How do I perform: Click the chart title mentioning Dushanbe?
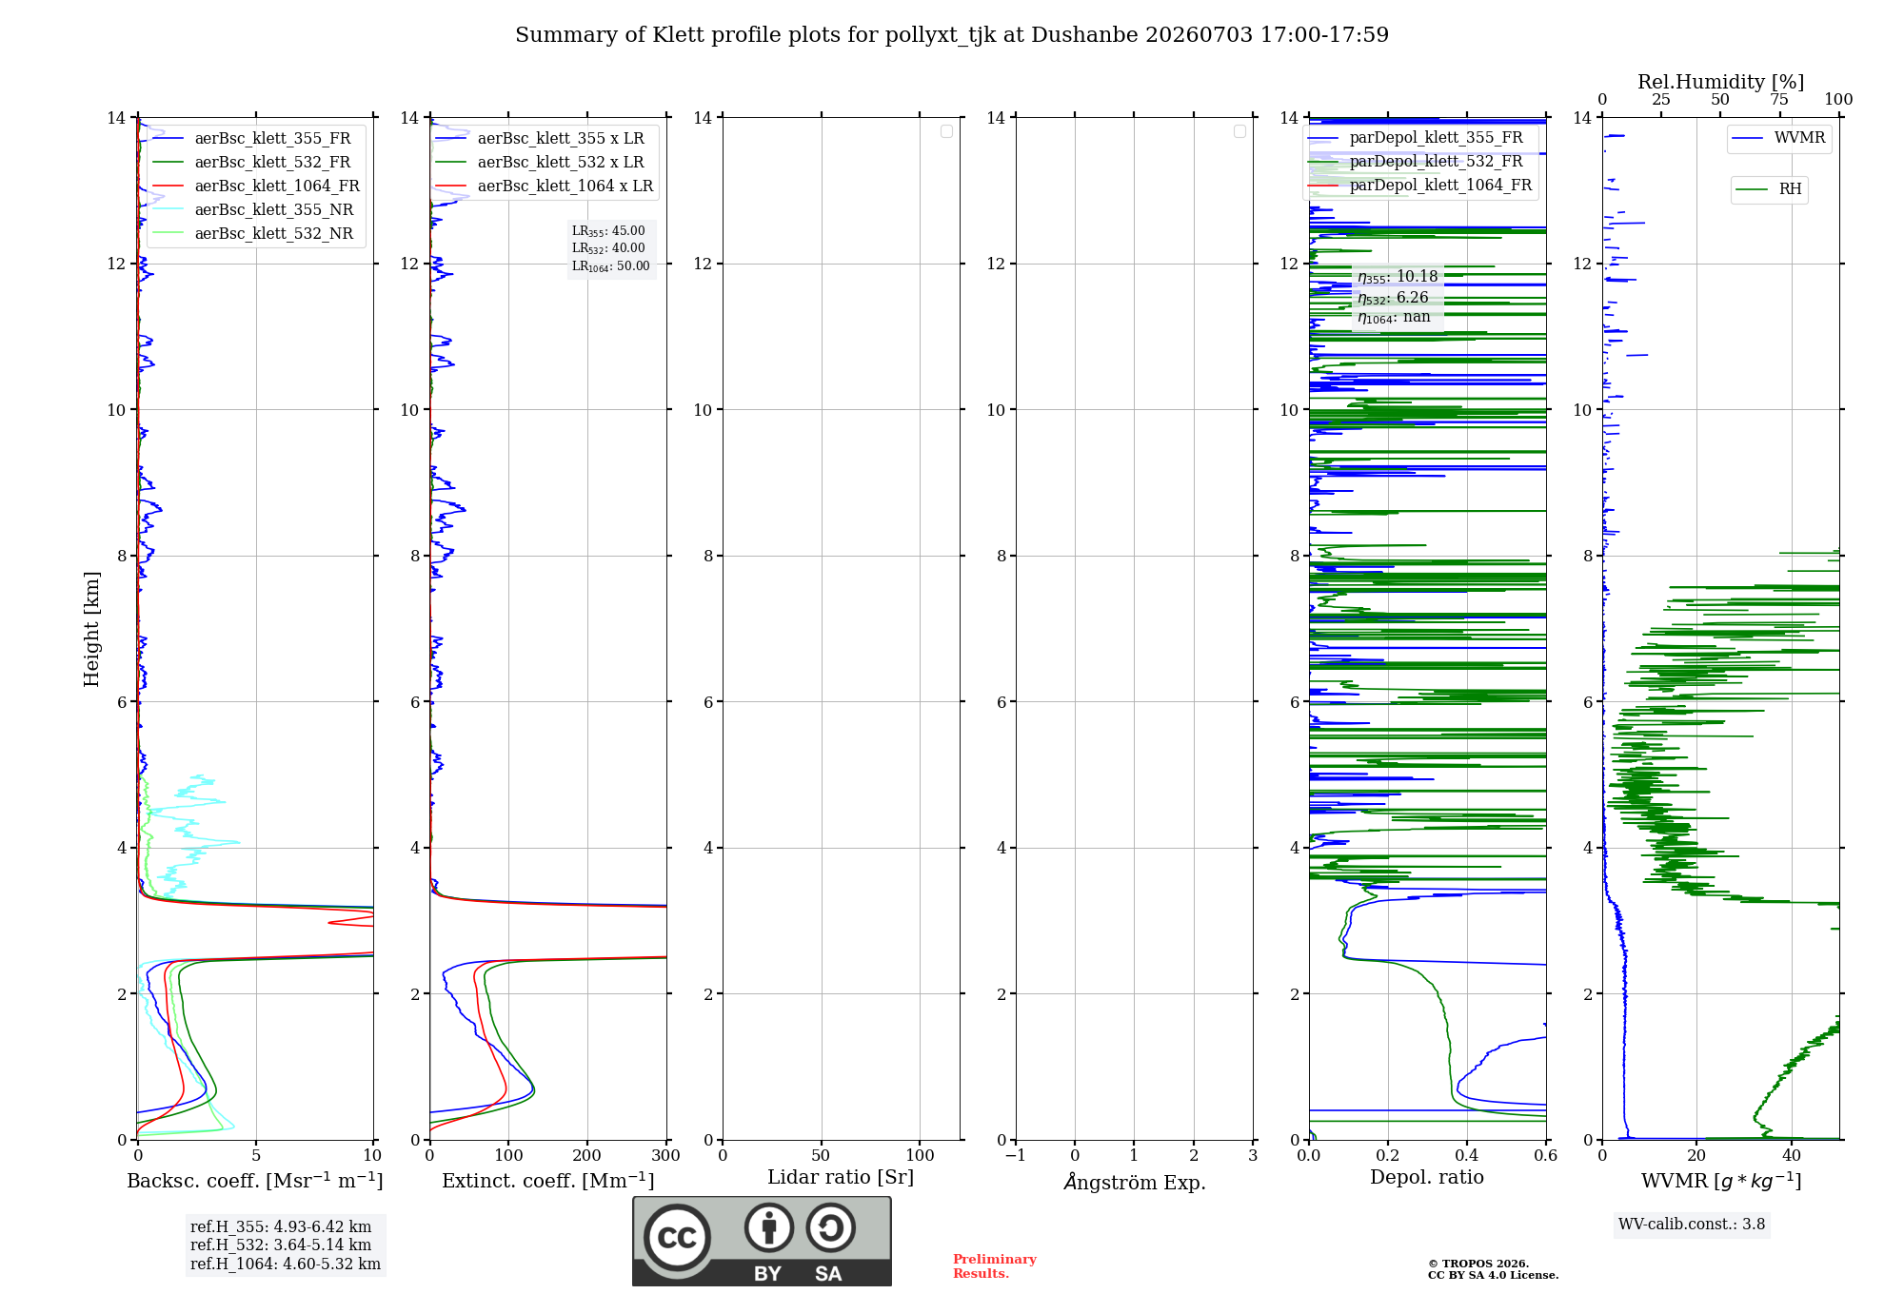tap(952, 35)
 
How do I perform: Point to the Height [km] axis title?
tap(91, 629)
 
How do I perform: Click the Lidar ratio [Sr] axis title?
tap(841, 1177)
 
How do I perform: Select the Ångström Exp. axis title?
tap(1135, 1182)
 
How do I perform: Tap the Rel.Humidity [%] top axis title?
tap(1720, 82)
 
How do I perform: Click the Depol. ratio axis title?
tap(1427, 1177)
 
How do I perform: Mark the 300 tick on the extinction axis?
tap(665, 1155)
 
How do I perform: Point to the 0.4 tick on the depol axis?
tap(1467, 1155)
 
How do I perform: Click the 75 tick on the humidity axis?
tap(1779, 99)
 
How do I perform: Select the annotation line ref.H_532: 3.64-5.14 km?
tap(281, 1245)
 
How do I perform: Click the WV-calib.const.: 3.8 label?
tap(1692, 1225)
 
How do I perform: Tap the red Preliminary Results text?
tap(995, 1266)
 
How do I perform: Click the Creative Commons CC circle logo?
tap(677, 1237)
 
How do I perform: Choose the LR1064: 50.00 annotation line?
tap(610, 266)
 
